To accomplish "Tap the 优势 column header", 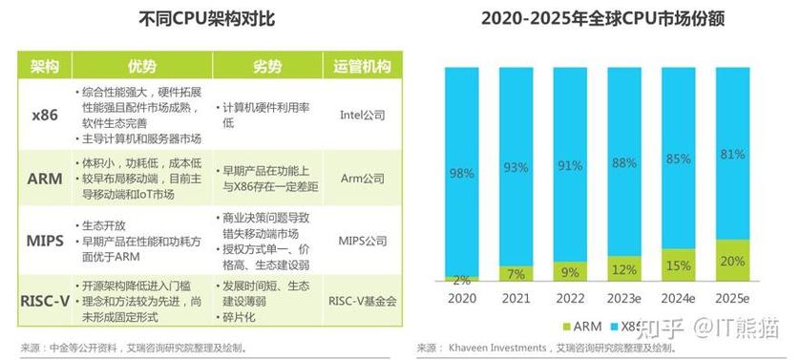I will (140, 66).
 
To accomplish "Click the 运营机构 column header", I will (361, 66).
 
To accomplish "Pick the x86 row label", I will (46, 115).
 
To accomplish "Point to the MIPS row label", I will (46, 238).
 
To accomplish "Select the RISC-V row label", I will (46, 300).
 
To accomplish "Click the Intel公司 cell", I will (361, 115).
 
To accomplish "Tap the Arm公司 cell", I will (361, 178).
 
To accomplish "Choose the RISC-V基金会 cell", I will (361, 300).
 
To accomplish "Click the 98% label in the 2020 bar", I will (462, 173).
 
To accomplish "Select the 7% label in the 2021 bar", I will (516, 274).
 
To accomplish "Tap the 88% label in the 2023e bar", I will (624, 162).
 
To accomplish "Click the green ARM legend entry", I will (580, 326).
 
